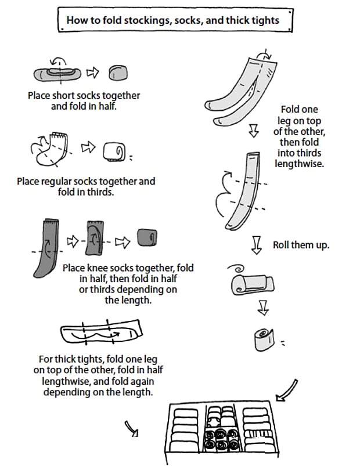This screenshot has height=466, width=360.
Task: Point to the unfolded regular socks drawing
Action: point(51,150)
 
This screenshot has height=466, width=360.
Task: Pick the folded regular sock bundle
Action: point(114,152)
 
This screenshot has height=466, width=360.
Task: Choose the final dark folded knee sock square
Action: point(147,238)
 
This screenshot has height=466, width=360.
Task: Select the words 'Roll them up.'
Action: point(301,245)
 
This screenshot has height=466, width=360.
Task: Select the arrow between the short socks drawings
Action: point(93,73)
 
